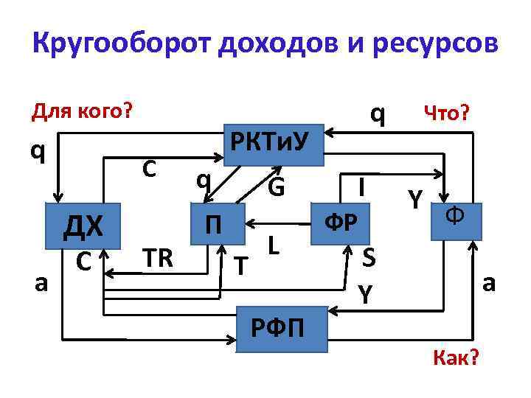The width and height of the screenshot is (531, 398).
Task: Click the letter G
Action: pyautogui.click(x=276, y=187)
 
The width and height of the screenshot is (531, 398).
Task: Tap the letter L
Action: pyautogui.click(x=273, y=244)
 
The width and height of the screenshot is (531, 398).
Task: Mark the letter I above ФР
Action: pyautogui.click(x=361, y=186)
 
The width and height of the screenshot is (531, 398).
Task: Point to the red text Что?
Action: pyautogui.click(x=450, y=112)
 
